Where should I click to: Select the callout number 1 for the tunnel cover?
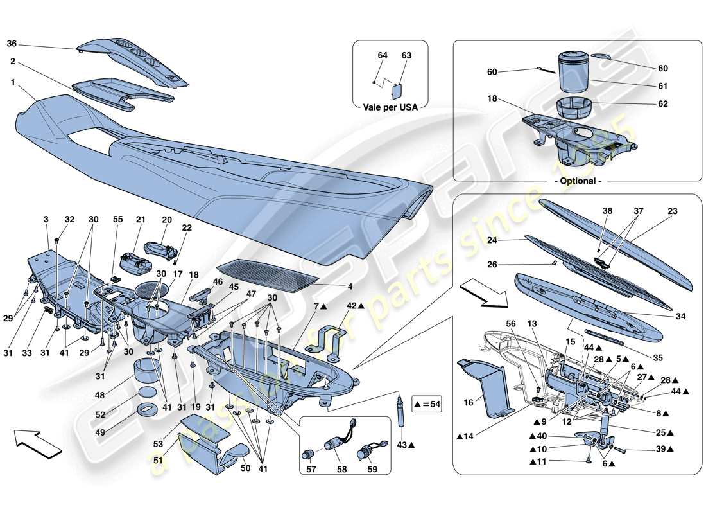[x=12, y=82]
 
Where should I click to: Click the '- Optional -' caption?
[x=578, y=181]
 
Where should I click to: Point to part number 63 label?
[x=406, y=56]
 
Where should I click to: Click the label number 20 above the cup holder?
[x=168, y=220]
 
